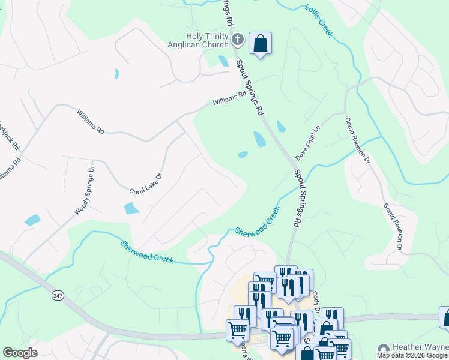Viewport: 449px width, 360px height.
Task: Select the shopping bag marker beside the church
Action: (x=260, y=43)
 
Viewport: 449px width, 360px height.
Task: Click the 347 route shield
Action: (x=58, y=295)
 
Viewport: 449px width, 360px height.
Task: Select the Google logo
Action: (x=20, y=353)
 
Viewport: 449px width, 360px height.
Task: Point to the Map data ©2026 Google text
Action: (x=412, y=355)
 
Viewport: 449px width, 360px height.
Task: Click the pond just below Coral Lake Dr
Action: (x=131, y=208)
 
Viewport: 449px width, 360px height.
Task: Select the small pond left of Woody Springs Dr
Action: (x=32, y=220)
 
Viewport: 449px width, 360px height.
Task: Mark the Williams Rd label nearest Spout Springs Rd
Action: (x=229, y=98)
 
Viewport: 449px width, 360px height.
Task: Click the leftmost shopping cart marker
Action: (x=237, y=329)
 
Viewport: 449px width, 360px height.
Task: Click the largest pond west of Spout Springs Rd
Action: (x=259, y=139)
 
